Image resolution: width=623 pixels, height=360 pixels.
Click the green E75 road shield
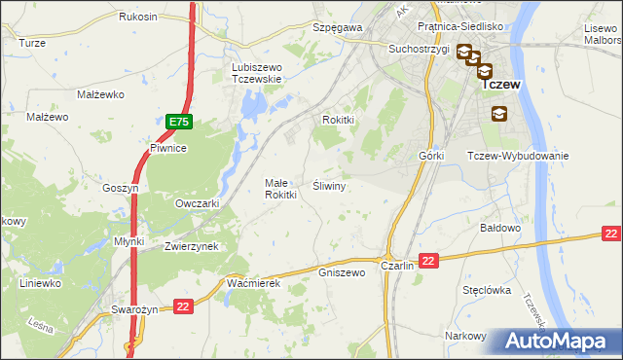click(x=178, y=122)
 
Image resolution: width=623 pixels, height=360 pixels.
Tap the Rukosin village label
click(x=137, y=17)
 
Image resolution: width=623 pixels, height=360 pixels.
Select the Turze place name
click(x=32, y=44)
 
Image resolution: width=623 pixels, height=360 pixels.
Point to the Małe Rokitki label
click(x=280, y=188)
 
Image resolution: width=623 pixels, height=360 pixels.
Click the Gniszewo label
click(x=342, y=272)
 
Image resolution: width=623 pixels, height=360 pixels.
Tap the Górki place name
click(x=431, y=157)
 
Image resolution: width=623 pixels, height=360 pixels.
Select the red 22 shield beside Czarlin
click(x=430, y=259)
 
